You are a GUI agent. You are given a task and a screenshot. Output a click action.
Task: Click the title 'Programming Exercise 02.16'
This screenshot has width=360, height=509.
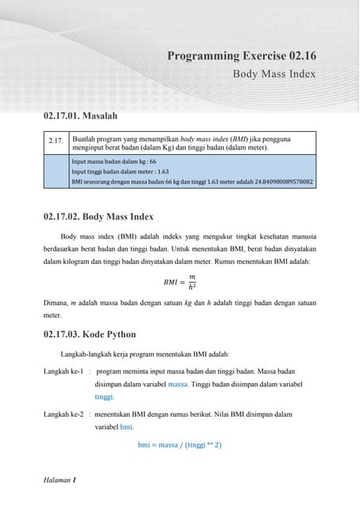tap(242, 56)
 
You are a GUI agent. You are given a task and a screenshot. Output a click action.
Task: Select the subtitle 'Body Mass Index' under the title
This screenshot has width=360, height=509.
tap(274, 74)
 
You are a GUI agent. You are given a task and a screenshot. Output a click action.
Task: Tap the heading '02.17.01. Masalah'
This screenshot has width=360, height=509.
tap(80, 116)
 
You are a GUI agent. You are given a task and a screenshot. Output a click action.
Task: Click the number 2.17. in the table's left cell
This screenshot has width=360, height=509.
tap(56, 141)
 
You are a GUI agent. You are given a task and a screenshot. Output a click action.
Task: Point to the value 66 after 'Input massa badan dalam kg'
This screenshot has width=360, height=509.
tap(153, 161)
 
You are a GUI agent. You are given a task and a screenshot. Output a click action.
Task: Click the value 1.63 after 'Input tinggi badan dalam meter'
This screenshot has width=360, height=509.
tap(163, 172)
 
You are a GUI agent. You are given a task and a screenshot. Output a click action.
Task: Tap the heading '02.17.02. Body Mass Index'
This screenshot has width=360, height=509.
tap(99, 216)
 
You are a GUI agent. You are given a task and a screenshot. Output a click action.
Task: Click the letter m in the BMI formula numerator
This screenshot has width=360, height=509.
tap(192, 277)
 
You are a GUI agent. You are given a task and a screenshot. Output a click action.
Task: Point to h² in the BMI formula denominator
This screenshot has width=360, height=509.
tap(192, 286)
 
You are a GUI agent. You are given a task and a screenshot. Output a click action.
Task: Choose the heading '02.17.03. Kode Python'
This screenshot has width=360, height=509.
tap(90, 334)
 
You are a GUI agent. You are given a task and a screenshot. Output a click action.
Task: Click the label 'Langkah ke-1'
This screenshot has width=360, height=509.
tap(64, 371)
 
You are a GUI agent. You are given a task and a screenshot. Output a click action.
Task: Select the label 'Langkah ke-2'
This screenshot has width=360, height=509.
tap(64, 414)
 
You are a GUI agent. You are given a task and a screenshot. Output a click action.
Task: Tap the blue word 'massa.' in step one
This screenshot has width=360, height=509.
tap(178, 384)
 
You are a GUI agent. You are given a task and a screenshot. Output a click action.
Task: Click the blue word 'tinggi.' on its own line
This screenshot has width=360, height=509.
tap(104, 397)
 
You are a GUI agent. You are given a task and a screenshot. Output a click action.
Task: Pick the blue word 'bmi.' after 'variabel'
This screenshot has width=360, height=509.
tap(127, 427)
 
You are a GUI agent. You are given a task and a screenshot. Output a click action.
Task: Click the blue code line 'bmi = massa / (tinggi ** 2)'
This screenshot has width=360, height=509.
tap(180, 445)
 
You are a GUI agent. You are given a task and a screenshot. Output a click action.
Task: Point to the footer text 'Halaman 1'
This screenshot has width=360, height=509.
tap(60, 480)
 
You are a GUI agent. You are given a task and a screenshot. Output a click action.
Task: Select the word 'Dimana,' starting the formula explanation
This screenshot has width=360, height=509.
tap(56, 303)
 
